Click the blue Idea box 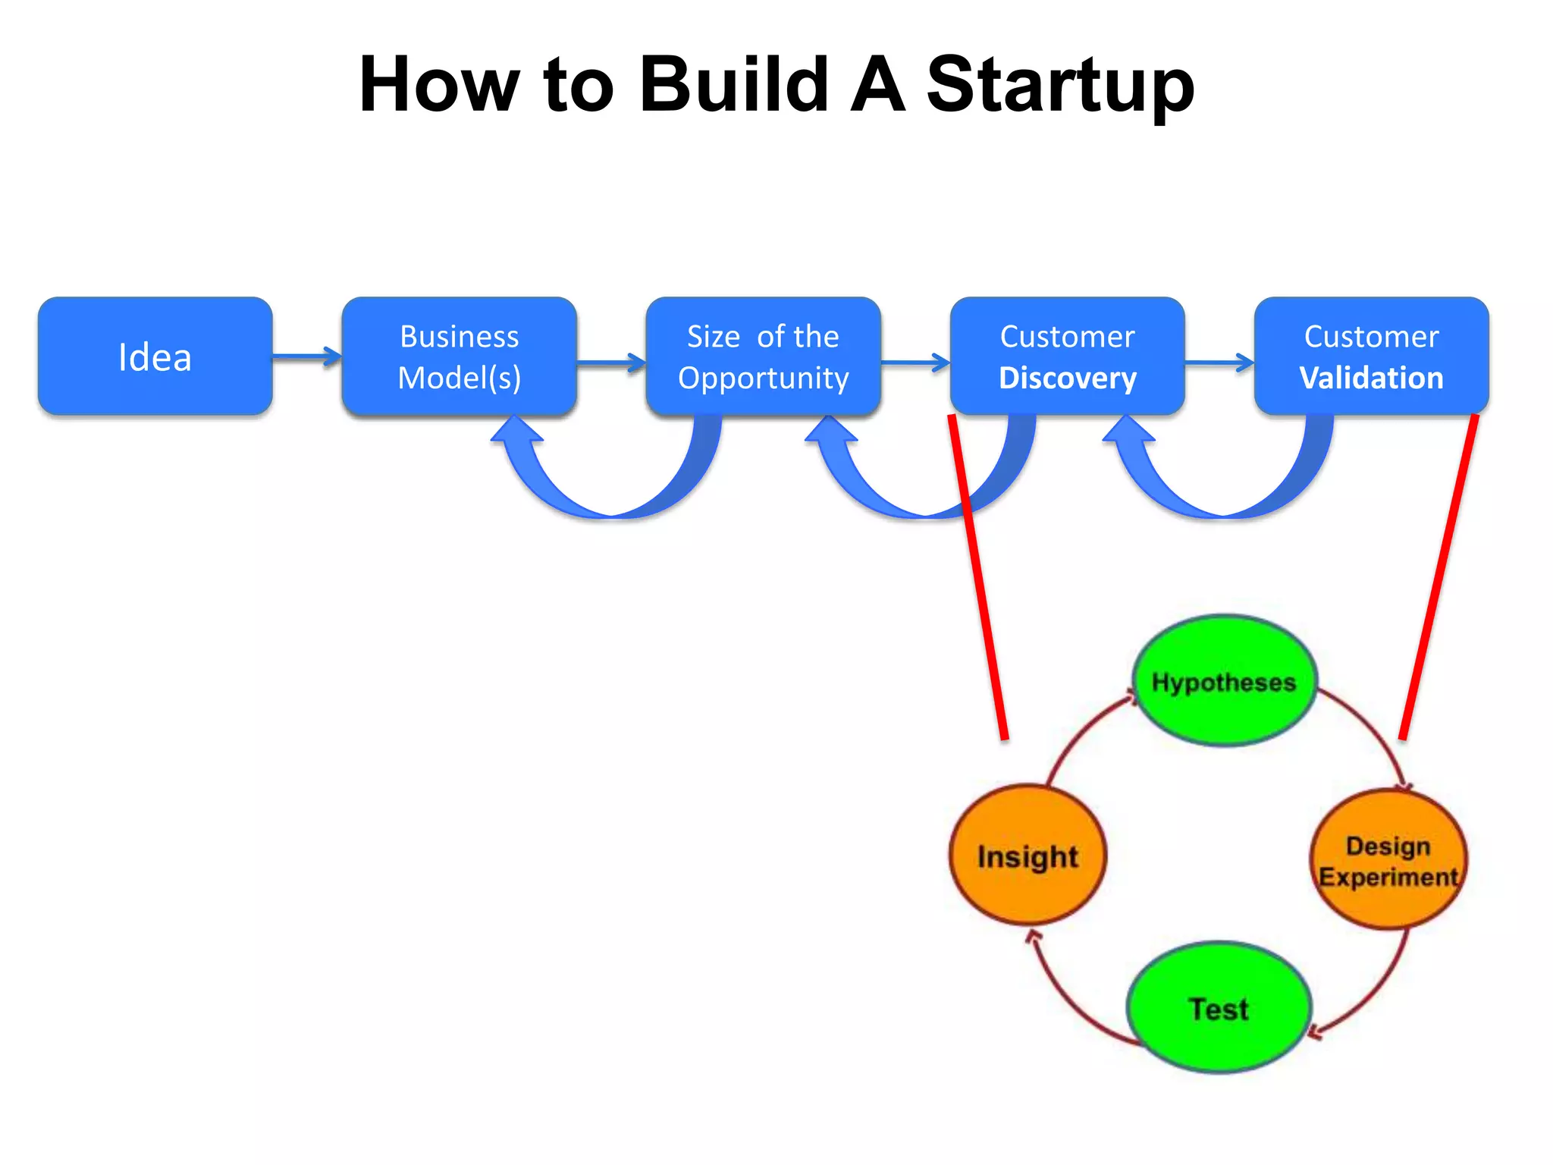point(155,356)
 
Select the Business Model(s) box point(459,356)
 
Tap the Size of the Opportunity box point(763,356)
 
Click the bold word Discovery point(1067,378)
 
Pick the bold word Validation point(1371,378)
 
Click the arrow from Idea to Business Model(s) point(306,356)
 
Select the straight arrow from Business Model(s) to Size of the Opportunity point(610,363)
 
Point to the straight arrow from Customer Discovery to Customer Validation point(1219,363)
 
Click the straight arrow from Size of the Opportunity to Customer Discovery point(915,363)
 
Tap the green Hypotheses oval point(1224,681)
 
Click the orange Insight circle point(1027,856)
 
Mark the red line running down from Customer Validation point(1439,576)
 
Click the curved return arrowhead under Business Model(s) point(517,431)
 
